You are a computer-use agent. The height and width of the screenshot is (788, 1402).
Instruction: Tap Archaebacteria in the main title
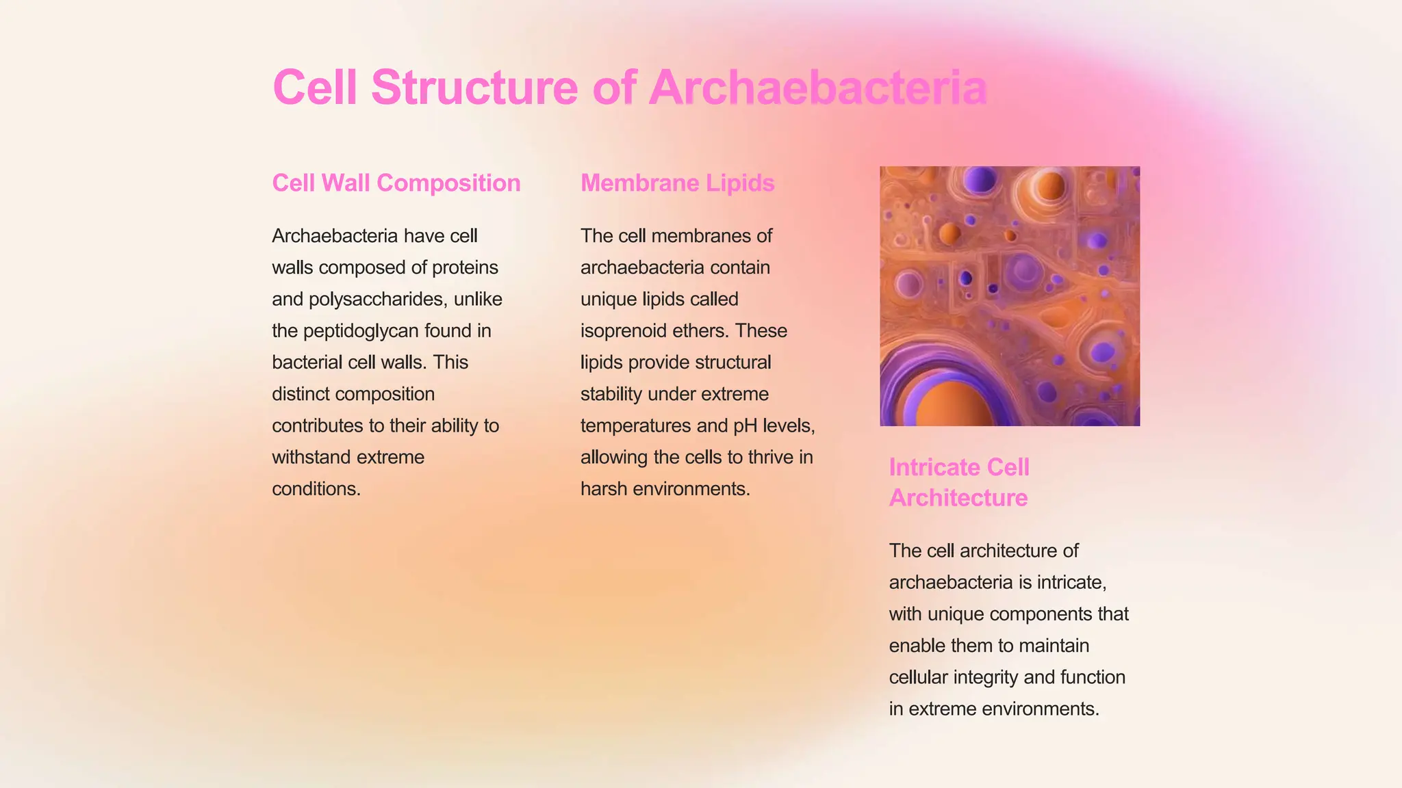(817, 88)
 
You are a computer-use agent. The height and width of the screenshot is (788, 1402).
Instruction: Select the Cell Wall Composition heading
(396, 183)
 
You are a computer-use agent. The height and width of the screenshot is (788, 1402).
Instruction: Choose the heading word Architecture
(958, 497)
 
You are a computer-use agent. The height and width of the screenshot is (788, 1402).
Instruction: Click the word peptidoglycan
(361, 331)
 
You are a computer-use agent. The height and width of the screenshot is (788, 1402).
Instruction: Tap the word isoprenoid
(621, 331)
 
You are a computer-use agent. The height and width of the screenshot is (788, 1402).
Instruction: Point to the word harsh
(604, 489)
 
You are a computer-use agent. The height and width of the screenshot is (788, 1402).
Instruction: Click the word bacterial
(307, 363)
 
